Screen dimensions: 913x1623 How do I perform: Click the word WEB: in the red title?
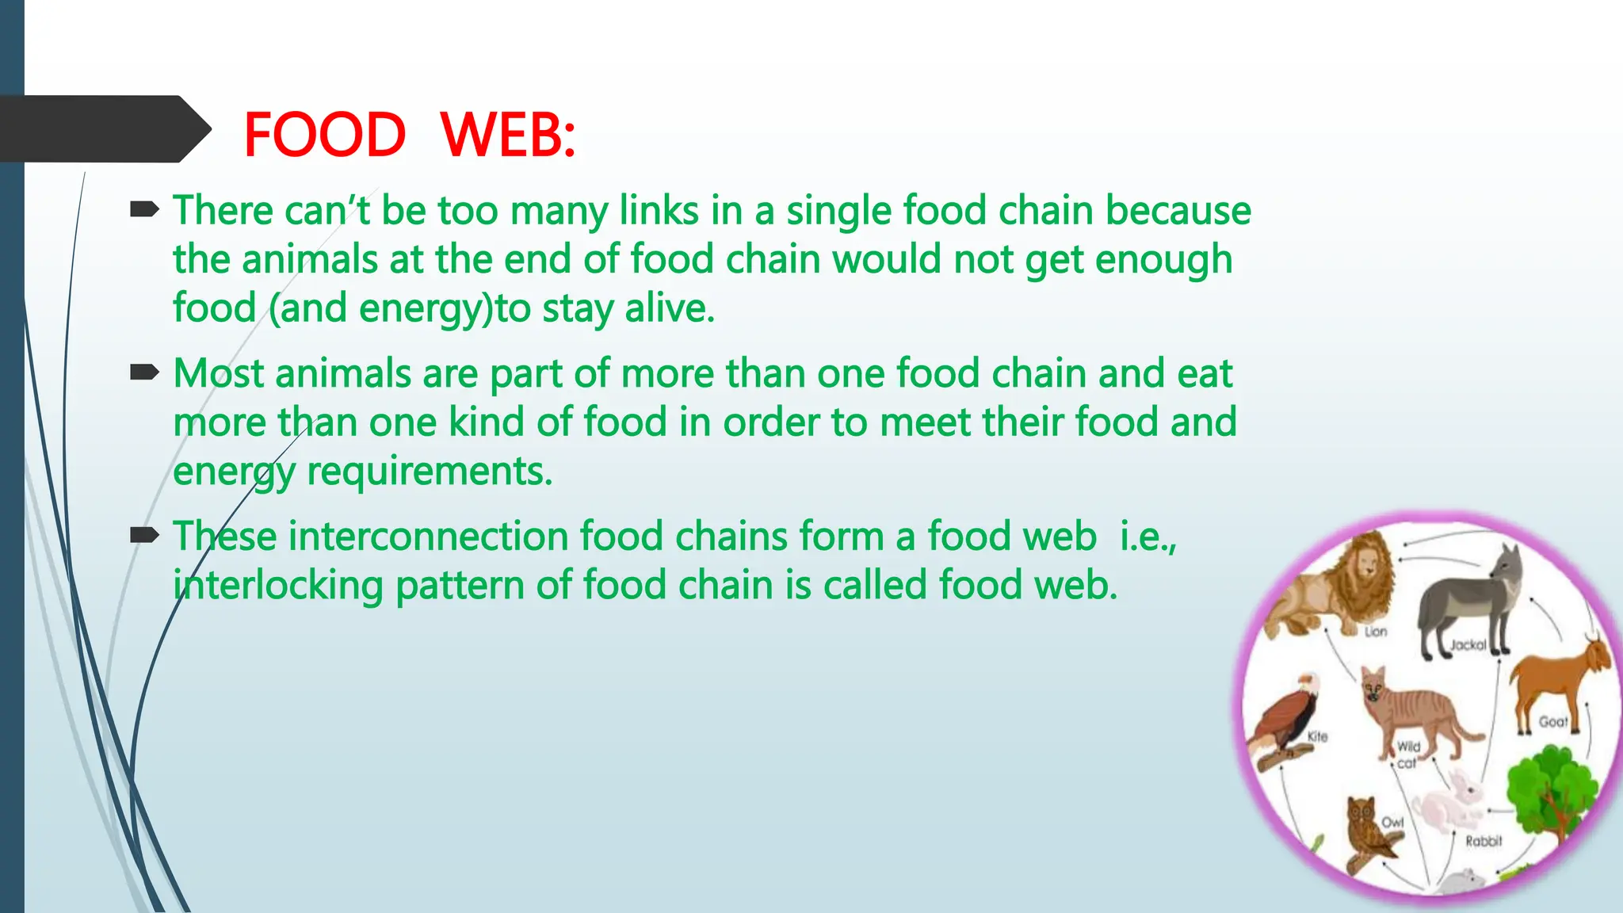click(507, 135)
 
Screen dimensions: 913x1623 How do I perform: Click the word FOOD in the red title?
click(325, 135)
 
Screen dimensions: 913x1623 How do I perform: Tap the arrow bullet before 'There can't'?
click(144, 210)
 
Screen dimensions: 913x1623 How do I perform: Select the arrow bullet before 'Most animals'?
click(144, 372)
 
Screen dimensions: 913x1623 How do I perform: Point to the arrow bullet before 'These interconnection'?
click(144, 536)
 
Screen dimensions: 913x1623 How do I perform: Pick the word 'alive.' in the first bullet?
click(670, 308)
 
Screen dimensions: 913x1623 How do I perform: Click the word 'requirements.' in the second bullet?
click(429, 472)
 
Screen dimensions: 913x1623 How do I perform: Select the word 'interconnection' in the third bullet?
click(427, 537)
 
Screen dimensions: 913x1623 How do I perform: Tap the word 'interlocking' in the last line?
click(278, 586)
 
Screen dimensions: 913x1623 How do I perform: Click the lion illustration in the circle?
click(1331, 586)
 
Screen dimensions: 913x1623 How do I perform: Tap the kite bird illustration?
click(1284, 717)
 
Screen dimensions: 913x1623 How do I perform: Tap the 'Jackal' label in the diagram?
click(1468, 645)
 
